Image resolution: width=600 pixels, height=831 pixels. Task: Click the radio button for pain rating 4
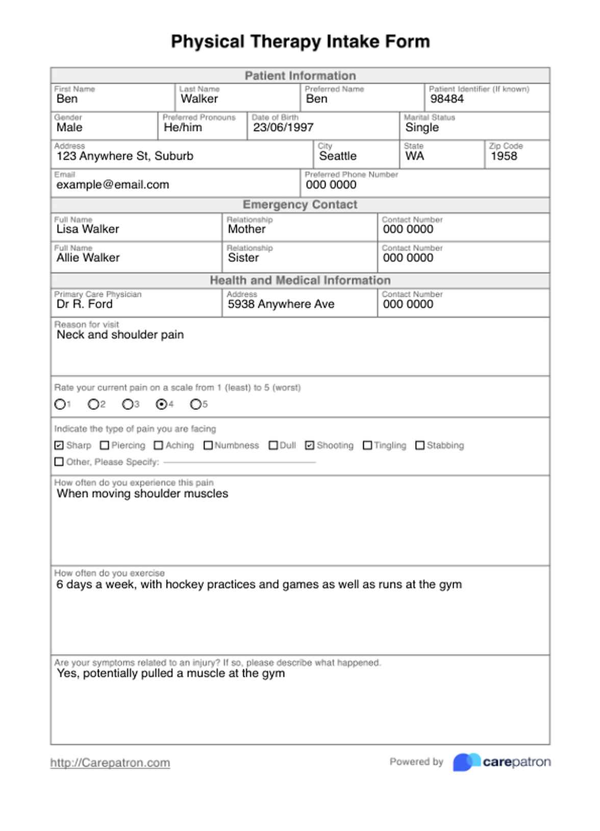coord(162,404)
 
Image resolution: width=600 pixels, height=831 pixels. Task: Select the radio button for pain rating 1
coord(60,404)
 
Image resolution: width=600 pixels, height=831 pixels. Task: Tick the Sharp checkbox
coord(59,446)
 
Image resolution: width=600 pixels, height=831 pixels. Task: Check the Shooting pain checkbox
coord(310,446)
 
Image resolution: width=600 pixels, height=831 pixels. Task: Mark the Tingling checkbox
coord(367,446)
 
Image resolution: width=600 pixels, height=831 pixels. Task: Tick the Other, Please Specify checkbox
coord(59,462)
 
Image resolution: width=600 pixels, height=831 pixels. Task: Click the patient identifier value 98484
coord(447,99)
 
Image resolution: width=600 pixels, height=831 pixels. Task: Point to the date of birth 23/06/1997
coord(283,127)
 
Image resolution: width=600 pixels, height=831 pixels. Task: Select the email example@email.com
coord(113,185)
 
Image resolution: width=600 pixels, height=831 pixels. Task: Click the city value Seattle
coord(338,156)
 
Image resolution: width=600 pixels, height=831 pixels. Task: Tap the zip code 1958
coord(504,156)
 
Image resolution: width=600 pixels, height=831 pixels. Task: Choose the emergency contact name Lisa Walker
coord(88,229)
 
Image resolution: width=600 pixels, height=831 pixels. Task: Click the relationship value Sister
coord(243,258)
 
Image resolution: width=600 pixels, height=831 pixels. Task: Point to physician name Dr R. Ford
coord(85,304)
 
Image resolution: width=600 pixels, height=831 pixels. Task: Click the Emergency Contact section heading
coord(300,205)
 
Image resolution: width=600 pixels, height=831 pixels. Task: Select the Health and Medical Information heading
coord(300,280)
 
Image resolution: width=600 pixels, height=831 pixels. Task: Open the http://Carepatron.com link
coord(110,763)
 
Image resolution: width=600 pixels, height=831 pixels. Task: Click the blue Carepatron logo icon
coord(466,762)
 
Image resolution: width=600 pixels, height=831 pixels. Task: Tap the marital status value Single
coord(422,127)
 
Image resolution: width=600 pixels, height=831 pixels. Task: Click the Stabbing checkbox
coord(420,446)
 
